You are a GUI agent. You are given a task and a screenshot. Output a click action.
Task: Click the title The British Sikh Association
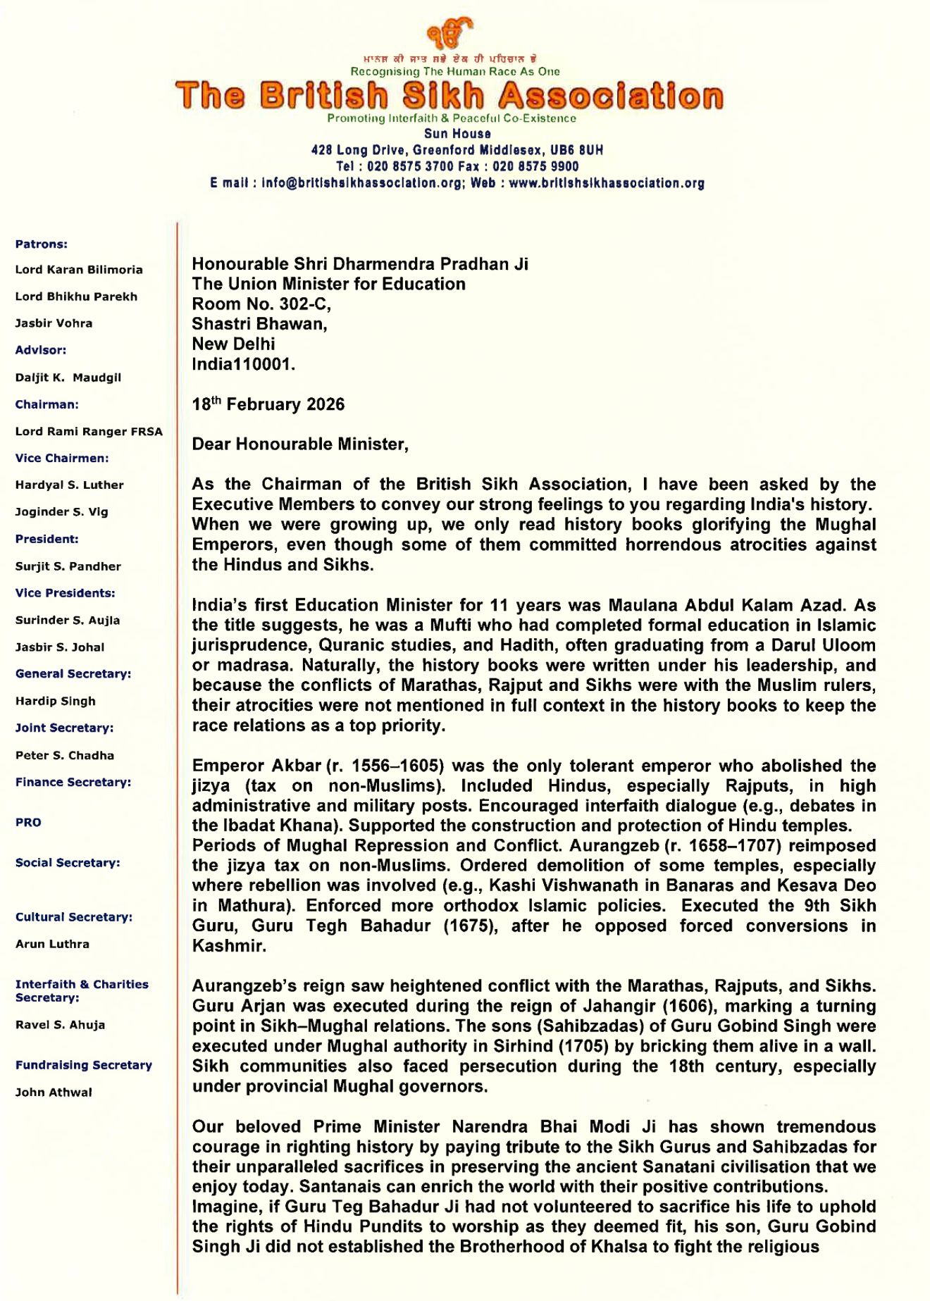tap(449, 96)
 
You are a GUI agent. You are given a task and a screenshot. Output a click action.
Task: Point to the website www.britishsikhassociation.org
tap(607, 183)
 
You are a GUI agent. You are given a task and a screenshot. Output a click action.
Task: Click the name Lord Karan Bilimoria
tap(79, 270)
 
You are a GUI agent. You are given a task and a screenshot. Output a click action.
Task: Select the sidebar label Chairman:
tap(47, 404)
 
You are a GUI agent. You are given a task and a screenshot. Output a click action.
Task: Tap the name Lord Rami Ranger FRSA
tap(89, 431)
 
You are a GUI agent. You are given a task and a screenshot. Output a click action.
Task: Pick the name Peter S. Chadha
tap(65, 755)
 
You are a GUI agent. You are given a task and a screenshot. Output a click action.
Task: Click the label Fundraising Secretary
tap(84, 1065)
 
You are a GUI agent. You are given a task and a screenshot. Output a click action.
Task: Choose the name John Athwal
tap(54, 1093)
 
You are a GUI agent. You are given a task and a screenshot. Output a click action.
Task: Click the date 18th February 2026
tap(268, 404)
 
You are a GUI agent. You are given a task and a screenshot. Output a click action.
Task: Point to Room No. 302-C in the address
tap(261, 304)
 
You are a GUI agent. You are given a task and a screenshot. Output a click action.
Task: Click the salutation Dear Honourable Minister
tap(300, 444)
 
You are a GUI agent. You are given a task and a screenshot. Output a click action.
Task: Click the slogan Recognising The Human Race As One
tap(455, 71)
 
